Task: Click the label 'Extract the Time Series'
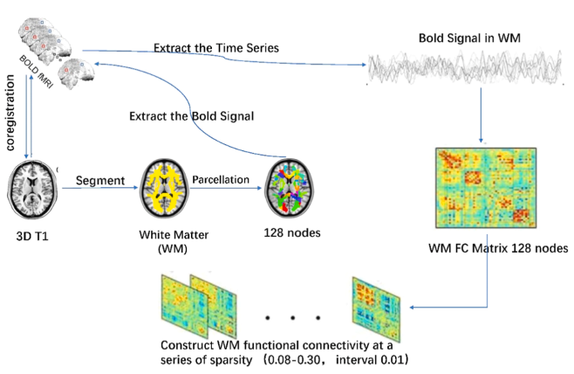pos(216,48)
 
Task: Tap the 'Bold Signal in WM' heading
pos(469,38)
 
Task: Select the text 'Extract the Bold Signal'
pos(191,116)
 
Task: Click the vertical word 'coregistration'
pos(10,113)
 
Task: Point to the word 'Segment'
pos(100,180)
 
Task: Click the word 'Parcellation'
pos(221,180)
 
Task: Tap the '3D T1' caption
pos(32,236)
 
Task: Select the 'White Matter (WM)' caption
pos(174,242)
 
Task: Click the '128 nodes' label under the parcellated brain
pos(292,232)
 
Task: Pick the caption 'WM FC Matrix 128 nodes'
pos(498,248)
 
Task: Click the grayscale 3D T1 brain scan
pos(32,189)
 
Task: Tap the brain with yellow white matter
pos(164,188)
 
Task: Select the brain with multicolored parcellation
pos(290,188)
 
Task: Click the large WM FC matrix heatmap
pos(486,188)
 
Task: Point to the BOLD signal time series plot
pos(465,68)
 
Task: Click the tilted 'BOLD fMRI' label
pos(37,72)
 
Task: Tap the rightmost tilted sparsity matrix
pos(376,309)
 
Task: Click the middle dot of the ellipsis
pos(293,318)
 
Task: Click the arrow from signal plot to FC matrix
pos(481,115)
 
